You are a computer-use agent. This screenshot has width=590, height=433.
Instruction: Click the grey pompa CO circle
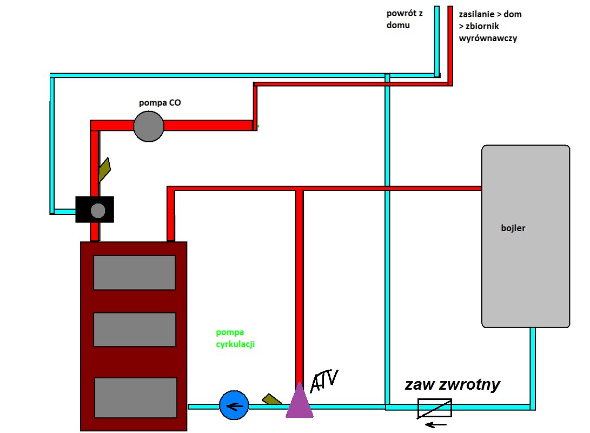pos(149,126)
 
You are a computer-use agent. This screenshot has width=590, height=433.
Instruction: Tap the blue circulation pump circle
pos(234,405)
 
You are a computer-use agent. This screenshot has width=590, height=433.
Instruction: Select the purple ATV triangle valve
pos(300,402)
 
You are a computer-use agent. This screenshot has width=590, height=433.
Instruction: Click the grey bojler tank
pos(526,236)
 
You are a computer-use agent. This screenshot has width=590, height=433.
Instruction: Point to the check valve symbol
pos(434,408)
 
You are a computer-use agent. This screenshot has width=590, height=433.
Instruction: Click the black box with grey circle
pos(95,209)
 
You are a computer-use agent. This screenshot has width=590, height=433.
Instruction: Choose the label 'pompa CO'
pos(160,102)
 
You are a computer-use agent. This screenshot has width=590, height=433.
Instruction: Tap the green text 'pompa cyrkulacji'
pos(235,338)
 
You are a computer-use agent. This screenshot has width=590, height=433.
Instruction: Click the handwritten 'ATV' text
pos(324,380)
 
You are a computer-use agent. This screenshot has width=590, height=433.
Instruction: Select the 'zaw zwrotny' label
pos(453,385)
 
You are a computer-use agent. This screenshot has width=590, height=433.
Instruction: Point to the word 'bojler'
pos(513,228)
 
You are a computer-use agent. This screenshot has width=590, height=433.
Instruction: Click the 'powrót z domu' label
pos(405,19)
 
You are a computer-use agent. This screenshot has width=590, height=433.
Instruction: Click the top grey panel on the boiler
pos(134,272)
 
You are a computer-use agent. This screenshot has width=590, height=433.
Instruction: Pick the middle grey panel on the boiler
pos(135,330)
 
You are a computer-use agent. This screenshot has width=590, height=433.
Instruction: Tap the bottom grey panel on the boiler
pos(136,398)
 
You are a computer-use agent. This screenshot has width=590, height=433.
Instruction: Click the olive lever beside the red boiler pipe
pos(104,169)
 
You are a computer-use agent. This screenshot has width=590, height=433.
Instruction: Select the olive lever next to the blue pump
pos(271,399)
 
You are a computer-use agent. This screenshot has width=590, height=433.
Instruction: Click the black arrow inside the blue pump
pos(236,406)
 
